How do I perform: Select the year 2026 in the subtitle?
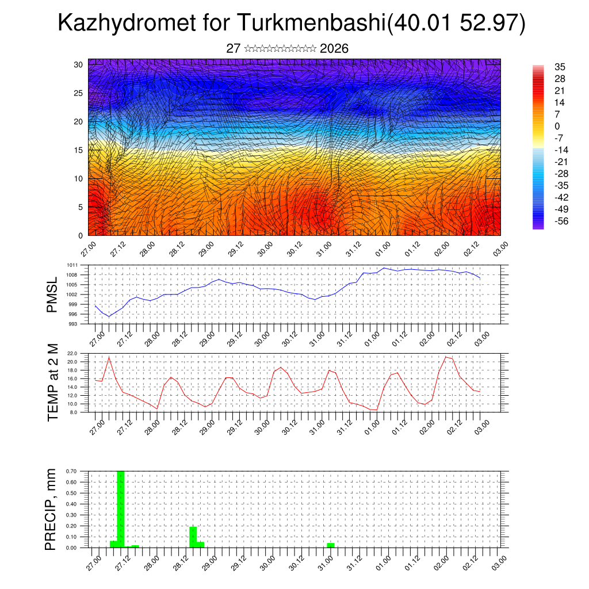(334, 49)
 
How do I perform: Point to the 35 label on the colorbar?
(560, 67)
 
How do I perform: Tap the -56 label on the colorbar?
(560, 221)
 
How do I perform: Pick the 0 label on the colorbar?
(557, 126)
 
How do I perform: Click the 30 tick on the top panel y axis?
(78, 64)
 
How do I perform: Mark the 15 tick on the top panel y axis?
(78, 150)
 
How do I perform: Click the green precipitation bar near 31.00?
(330, 545)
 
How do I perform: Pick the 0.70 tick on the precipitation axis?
(72, 471)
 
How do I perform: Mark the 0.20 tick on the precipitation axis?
(72, 526)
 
